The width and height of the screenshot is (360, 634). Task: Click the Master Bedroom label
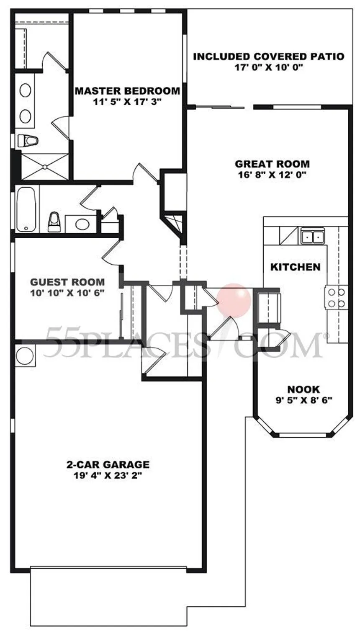coord(127,91)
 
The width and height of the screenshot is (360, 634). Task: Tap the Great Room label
coord(272,164)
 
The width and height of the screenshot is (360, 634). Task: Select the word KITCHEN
coord(295,267)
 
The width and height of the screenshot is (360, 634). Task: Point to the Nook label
coord(303,389)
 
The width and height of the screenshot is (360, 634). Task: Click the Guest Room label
coord(67,282)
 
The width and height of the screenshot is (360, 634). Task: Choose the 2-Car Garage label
coord(108,464)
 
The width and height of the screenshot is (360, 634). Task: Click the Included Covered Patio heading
coord(269,57)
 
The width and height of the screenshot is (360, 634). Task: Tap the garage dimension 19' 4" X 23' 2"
coord(108,476)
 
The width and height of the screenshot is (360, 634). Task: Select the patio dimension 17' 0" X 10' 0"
coord(269,67)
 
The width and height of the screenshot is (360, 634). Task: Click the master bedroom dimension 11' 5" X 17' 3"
coord(127,102)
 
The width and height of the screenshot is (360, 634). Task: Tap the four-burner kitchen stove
coord(336,298)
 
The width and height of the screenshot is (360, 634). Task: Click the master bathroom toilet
coord(28,140)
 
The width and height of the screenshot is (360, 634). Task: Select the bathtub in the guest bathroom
coord(26,209)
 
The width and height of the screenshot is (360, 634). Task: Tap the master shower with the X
coord(45,167)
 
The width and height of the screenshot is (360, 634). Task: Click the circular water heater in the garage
coord(25,356)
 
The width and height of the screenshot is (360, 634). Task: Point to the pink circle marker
coord(234,300)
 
